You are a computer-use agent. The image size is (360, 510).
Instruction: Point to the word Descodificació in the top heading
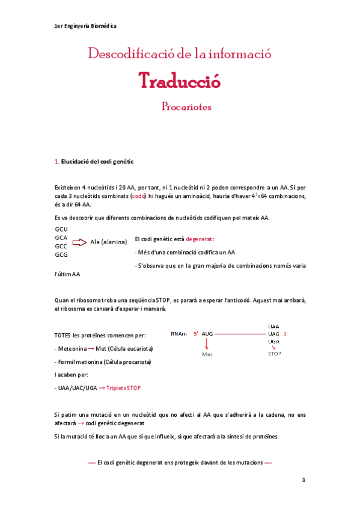tap(129, 54)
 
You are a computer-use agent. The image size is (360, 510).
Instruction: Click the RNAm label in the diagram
tap(178, 333)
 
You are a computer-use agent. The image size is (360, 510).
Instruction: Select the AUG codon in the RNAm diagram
tap(207, 333)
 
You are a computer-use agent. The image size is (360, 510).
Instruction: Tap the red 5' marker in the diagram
tap(196, 333)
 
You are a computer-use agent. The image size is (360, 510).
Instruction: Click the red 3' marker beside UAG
tap(285, 333)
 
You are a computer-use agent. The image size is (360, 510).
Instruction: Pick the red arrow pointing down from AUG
tap(207, 345)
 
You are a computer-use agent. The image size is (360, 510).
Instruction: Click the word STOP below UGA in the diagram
tap(274, 354)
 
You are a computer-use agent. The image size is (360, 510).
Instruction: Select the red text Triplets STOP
tap(124, 389)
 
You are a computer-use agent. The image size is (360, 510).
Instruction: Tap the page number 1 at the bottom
tap(304, 480)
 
